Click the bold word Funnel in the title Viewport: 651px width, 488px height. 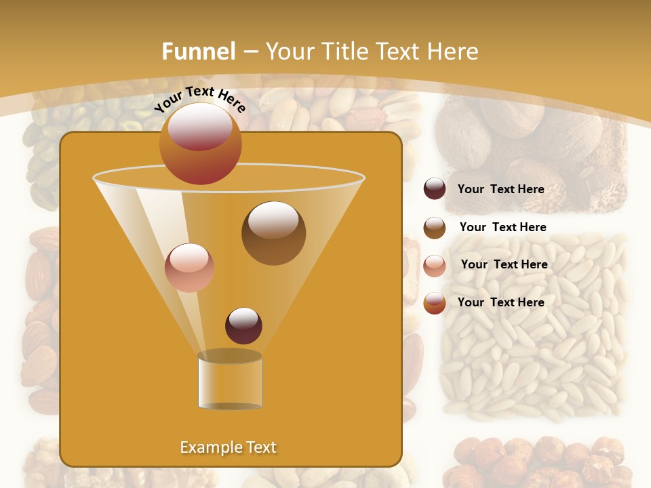[x=199, y=52]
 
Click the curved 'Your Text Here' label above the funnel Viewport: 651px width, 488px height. [x=200, y=99]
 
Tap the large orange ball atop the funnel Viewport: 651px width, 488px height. [x=200, y=144]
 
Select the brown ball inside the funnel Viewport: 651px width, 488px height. [x=273, y=233]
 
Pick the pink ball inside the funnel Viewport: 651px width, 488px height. [x=189, y=268]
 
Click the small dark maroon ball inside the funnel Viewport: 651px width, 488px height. [x=243, y=325]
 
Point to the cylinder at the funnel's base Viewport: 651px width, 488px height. [x=230, y=382]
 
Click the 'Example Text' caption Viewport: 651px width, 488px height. [x=228, y=447]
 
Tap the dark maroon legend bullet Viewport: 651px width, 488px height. [x=435, y=189]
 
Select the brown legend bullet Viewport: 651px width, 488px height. [x=435, y=228]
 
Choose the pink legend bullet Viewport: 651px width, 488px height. [x=435, y=266]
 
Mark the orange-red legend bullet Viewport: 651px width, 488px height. [x=435, y=303]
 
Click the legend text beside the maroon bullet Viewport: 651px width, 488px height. [x=500, y=189]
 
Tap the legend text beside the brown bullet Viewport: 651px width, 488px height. [x=502, y=227]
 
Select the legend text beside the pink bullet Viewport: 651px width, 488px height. [x=504, y=264]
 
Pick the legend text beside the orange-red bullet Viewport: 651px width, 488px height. [x=500, y=302]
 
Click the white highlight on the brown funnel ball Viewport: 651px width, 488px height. [x=273, y=220]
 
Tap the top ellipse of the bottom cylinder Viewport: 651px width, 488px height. [x=230, y=356]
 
